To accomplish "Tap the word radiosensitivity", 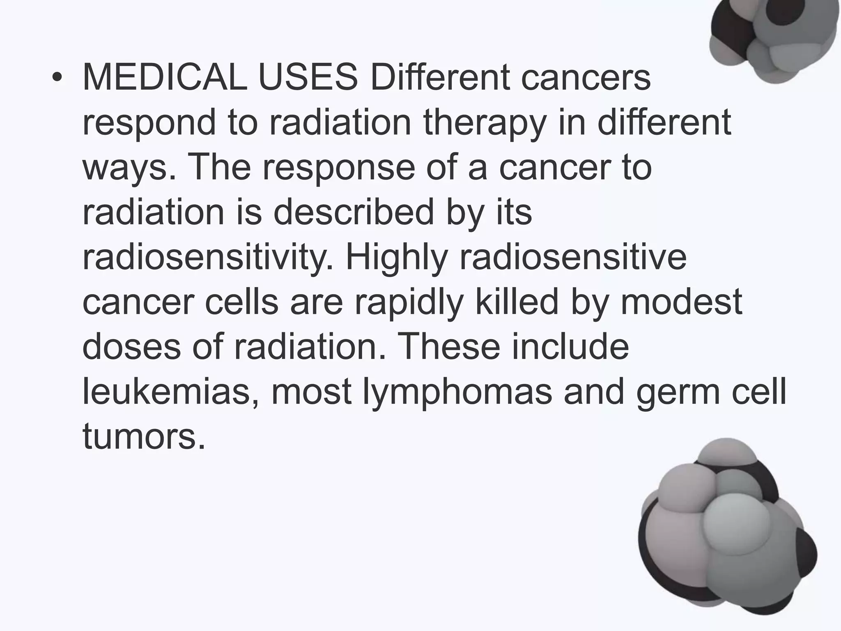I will click(x=208, y=257).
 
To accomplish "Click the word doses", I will click(x=131, y=346).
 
